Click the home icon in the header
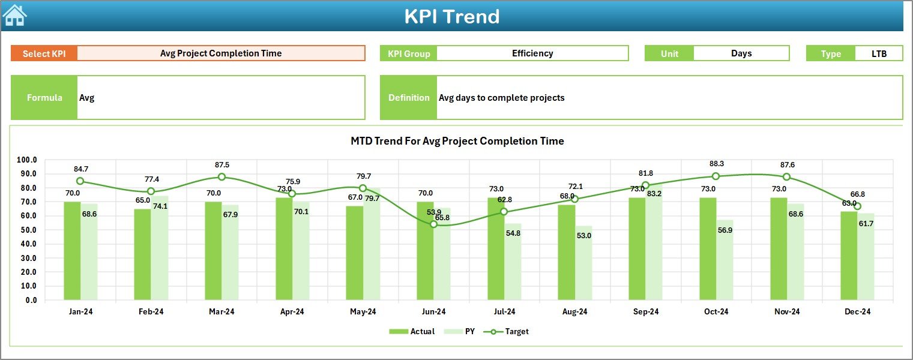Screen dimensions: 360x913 click(14, 15)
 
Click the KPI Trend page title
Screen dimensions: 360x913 click(451, 16)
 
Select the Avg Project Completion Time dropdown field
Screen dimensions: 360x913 click(221, 53)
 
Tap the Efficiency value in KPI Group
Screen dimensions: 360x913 click(532, 53)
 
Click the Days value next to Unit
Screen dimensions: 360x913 click(741, 53)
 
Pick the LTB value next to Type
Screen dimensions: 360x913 click(879, 53)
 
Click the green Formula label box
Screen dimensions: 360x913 click(44, 98)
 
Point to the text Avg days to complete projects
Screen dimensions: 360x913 click(501, 98)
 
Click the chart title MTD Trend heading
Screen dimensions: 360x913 click(457, 141)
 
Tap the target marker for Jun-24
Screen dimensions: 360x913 click(434, 224)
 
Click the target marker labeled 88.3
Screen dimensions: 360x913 click(716, 176)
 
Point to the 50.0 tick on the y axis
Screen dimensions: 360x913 click(27, 230)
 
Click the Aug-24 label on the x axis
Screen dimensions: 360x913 click(574, 312)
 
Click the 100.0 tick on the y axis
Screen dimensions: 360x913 click(27, 160)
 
